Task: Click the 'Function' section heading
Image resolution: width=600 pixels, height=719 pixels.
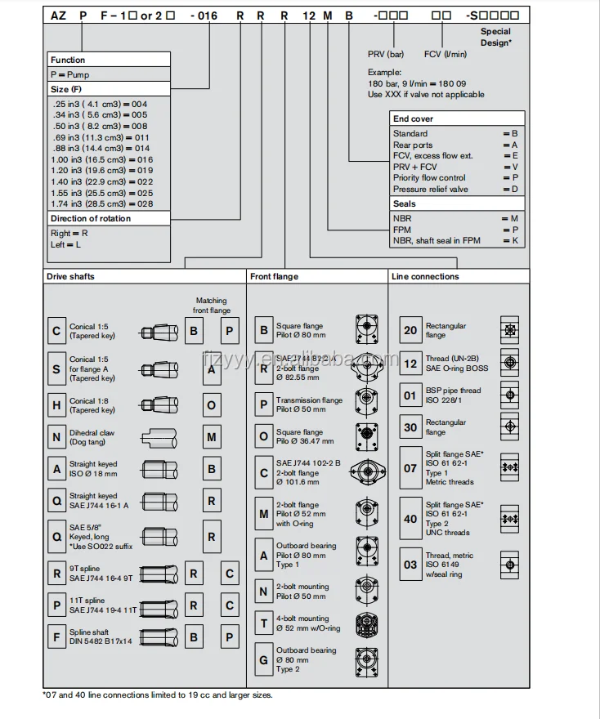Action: click(68, 60)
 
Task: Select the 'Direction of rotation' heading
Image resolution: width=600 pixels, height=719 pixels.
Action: click(91, 218)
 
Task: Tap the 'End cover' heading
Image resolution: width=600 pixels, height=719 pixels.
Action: click(413, 118)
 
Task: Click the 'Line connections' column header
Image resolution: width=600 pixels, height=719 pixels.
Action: click(425, 276)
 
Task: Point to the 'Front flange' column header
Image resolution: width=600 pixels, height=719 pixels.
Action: click(275, 276)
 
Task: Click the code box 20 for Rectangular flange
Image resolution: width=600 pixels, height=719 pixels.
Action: click(410, 330)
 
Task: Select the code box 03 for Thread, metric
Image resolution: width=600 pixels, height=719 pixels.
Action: click(410, 564)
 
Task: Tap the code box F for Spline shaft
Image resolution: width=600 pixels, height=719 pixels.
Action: click(56, 637)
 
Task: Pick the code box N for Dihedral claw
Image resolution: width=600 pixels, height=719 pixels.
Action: click(56, 437)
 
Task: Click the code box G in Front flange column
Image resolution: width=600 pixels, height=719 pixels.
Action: click(264, 659)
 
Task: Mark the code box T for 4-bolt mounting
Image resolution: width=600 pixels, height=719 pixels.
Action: click(264, 623)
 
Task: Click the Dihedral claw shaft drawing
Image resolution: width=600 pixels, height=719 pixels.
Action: click(166, 437)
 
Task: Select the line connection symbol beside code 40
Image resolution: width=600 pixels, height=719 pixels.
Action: click(509, 519)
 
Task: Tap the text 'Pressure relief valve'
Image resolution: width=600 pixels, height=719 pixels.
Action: click(431, 189)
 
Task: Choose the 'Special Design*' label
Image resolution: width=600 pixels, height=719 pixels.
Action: click(495, 37)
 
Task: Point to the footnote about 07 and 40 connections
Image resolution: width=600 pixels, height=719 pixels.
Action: click(158, 694)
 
